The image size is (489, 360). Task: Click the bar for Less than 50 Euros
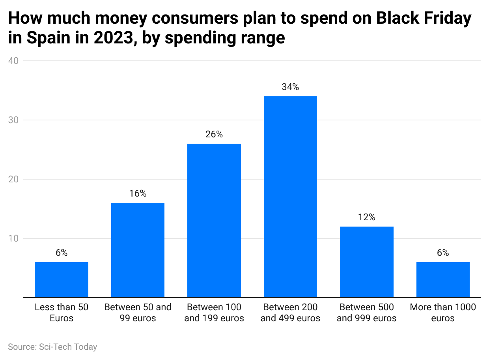point(62,279)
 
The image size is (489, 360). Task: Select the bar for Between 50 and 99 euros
point(138,250)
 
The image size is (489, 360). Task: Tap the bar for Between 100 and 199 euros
point(214,220)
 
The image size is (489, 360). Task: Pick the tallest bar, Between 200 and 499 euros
point(290,197)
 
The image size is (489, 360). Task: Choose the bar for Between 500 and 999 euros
point(367,262)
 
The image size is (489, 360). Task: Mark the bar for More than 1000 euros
point(443,279)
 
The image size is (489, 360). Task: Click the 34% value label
point(290,87)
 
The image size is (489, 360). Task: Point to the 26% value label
point(214,135)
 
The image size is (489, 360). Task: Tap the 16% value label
point(138,194)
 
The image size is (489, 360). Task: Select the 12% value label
point(367,217)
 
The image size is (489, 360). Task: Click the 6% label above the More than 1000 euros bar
point(443,253)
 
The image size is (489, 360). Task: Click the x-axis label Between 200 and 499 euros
point(290,313)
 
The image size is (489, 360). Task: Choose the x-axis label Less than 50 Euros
point(62,313)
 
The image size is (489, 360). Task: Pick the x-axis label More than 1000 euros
point(443,313)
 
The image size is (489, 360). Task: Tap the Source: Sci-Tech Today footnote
point(52,347)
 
